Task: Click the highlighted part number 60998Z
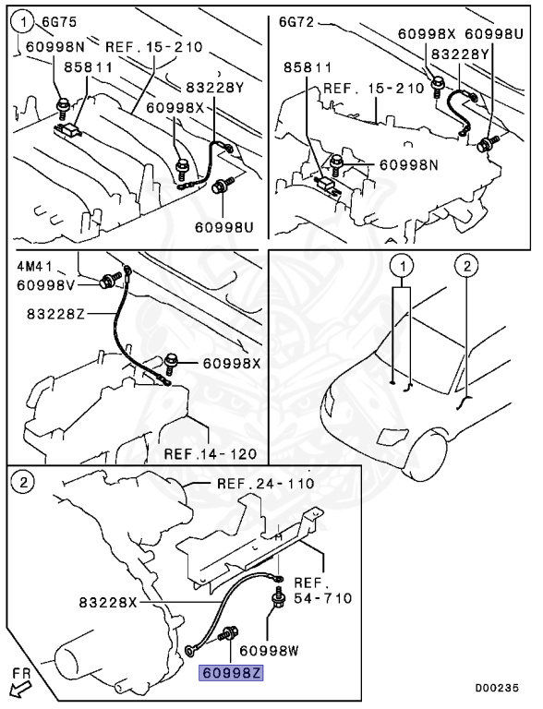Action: (x=231, y=673)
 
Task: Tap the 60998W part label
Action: (x=270, y=650)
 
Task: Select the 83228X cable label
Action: (x=108, y=602)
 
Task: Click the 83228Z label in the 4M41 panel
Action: (x=55, y=313)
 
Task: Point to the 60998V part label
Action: (x=46, y=285)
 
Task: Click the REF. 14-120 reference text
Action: (x=211, y=453)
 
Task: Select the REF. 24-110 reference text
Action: (x=266, y=484)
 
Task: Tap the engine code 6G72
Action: (x=296, y=22)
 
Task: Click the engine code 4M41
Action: (x=34, y=266)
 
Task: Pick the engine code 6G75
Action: (x=59, y=22)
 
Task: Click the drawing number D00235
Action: (x=497, y=688)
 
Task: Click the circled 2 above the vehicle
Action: (x=467, y=266)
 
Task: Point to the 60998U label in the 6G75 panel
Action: (x=224, y=226)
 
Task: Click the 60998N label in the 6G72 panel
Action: (x=408, y=164)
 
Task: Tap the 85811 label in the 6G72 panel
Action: (x=308, y=67)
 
